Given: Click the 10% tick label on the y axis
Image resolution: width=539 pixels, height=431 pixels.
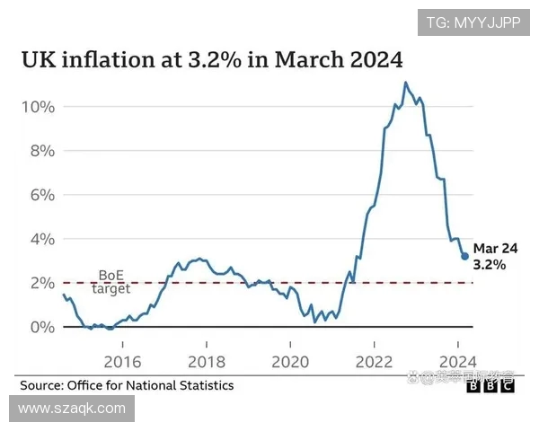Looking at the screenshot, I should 38,107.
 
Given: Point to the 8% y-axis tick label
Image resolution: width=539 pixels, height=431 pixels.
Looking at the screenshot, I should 41,151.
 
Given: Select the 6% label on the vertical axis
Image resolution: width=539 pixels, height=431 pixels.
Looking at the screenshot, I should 41,195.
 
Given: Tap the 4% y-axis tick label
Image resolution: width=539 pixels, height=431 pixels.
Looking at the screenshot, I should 41,239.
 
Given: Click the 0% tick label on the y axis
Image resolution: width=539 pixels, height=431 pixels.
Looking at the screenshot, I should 41,327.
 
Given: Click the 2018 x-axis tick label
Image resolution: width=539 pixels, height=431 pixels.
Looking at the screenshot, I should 206,363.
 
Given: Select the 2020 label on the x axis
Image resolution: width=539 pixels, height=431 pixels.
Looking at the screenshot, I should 289,363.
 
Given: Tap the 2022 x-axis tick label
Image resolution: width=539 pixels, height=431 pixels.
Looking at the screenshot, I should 373,363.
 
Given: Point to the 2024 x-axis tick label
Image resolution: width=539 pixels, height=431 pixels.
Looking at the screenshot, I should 457,363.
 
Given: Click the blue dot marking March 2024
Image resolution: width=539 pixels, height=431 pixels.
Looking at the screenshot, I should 464,256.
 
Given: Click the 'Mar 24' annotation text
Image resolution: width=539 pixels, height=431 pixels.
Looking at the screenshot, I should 496,249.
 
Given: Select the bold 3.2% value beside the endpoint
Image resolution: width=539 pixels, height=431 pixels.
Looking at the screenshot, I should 490,266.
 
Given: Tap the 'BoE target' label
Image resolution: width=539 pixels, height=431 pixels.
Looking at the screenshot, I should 111,282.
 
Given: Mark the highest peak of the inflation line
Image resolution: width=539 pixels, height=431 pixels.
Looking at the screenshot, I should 405,83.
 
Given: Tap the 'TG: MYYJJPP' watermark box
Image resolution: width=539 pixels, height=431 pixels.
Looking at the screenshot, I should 473,22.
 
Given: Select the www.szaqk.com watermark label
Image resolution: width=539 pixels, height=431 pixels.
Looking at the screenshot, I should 72,409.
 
